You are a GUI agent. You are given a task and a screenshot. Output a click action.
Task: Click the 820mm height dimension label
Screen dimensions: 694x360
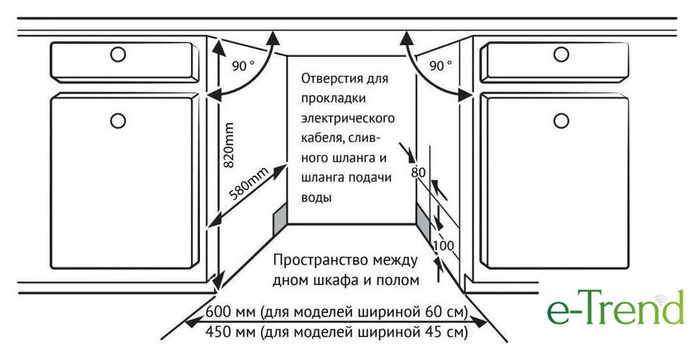228,145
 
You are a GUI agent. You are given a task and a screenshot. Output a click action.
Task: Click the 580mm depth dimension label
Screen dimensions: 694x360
250,184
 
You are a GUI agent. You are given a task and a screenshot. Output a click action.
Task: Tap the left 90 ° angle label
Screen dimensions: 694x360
244,66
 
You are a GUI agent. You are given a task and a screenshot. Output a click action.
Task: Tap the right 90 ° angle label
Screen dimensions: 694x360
441,66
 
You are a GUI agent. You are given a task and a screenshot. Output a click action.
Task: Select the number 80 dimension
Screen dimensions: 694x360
418,172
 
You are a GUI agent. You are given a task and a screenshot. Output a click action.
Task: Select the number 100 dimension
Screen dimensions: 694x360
444,245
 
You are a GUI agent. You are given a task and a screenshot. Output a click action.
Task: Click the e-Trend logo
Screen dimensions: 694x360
616,306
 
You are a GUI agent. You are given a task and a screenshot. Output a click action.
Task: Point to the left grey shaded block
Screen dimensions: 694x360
280,220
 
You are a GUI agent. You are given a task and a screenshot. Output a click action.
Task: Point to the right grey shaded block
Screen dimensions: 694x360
424,222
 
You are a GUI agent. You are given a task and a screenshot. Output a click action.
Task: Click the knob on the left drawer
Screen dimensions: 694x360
117,54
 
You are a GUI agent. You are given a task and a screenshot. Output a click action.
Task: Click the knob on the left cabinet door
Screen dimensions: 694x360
117,121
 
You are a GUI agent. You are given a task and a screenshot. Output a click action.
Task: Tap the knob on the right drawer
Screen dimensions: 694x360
561,54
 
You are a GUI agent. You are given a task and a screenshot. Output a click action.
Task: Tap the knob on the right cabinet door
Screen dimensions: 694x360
561,121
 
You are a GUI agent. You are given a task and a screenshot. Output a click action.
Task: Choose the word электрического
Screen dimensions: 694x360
348,119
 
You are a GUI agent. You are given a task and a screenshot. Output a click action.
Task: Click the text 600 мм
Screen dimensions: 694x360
231,312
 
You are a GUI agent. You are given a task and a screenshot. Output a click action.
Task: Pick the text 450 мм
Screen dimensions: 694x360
231,331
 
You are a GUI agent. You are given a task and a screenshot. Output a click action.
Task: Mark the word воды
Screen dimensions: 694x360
316,197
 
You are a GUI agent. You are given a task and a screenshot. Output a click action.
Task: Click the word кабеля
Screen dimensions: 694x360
321,139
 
